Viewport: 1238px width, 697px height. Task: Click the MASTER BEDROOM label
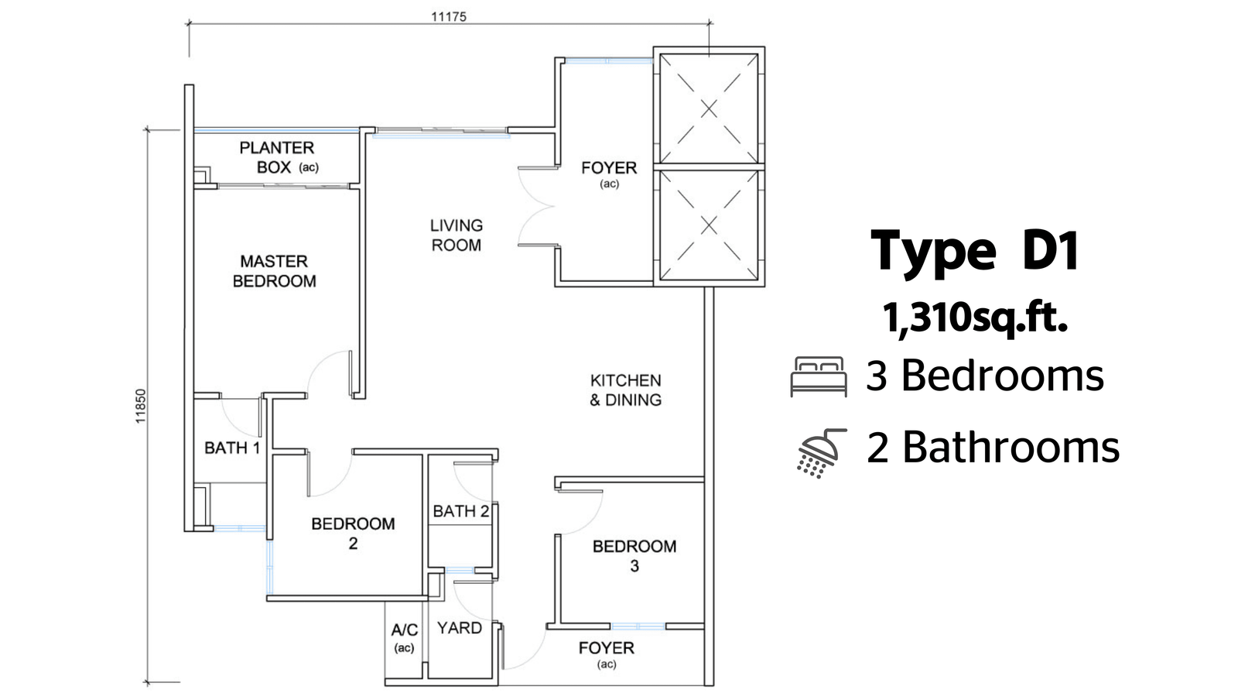click(274, 271)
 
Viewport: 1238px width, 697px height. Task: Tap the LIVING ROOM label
click(457, 235)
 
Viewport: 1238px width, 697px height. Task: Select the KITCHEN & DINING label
click(626, 390)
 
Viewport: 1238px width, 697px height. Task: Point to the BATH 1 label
click(232, 448)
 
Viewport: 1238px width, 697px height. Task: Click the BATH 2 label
click(461, 511)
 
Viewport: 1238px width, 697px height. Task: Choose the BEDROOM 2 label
click(353, 534)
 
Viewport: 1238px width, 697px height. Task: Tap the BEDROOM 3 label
click(634, 556)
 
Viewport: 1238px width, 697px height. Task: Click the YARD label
click(460, 628)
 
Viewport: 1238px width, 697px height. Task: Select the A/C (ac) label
click(405, 638)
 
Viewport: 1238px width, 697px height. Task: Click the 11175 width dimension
click(449, 16)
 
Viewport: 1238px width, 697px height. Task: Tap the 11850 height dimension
click(140, 407)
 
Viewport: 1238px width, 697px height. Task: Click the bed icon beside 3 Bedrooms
click(819, 376)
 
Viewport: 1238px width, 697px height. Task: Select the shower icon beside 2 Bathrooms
click(821, 453)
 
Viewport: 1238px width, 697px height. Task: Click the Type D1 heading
click(975, 251)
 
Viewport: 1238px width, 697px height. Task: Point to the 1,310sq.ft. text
click(975, 318)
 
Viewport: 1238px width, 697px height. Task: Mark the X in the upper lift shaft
click(709, 109)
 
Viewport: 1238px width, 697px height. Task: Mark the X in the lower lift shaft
click(709, 225)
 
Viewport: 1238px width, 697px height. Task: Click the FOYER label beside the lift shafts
click(609, 174)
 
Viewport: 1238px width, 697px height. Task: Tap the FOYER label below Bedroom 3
click(607, 655)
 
